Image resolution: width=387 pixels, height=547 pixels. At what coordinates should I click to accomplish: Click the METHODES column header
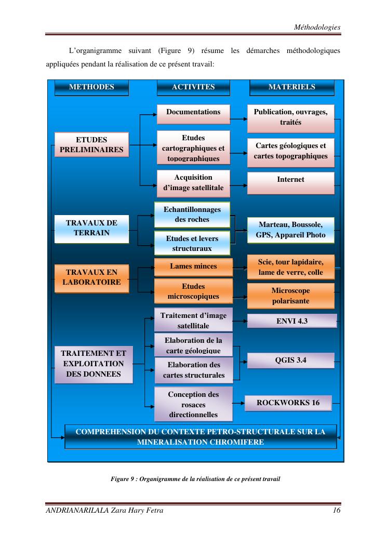point(91,88)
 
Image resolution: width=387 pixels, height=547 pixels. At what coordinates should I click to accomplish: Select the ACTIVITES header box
point(193,88)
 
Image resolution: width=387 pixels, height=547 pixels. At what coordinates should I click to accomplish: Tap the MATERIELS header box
point(292,88)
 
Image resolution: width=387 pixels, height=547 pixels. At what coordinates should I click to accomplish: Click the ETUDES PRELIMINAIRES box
point(91,144)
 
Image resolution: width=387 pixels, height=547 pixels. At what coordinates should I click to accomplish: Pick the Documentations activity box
point(193,114)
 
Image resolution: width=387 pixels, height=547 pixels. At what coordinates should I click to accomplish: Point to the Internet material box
point(291,183)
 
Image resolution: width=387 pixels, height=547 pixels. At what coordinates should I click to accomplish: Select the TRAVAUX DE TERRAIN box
point(91,229)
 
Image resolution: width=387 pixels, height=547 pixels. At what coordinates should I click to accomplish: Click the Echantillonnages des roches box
point(192,215)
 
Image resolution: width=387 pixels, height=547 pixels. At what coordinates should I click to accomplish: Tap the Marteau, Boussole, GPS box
point(291,230)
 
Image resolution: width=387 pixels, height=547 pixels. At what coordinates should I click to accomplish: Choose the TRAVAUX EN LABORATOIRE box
point(91,278)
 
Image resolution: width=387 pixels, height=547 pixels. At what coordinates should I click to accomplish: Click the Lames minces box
point(193,267)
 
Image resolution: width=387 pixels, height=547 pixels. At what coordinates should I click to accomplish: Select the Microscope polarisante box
point(291,296)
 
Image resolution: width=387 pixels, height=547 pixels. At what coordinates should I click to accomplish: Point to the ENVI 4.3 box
point(292,321)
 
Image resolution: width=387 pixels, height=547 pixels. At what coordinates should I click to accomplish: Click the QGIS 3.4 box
point(291,361)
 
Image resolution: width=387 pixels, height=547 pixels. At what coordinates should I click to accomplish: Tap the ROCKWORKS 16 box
point(288,403)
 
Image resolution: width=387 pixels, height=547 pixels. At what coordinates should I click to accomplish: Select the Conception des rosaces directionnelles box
point(193,404)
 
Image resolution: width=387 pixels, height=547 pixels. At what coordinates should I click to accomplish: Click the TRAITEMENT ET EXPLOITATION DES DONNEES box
point(94,365)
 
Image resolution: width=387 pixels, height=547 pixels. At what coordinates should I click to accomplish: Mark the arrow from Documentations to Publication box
point(238,119)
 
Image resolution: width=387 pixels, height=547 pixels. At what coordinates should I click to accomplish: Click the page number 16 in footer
point(337,510)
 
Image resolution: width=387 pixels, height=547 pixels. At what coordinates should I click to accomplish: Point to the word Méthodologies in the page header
point(317,27)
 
